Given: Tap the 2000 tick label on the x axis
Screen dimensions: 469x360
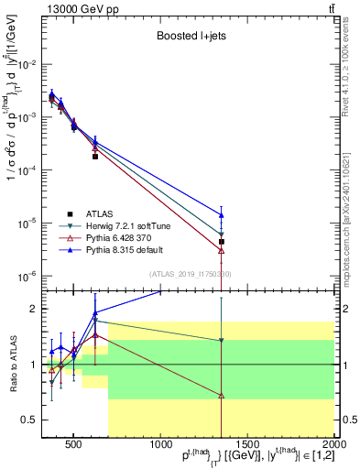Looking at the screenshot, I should coord(335,445).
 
